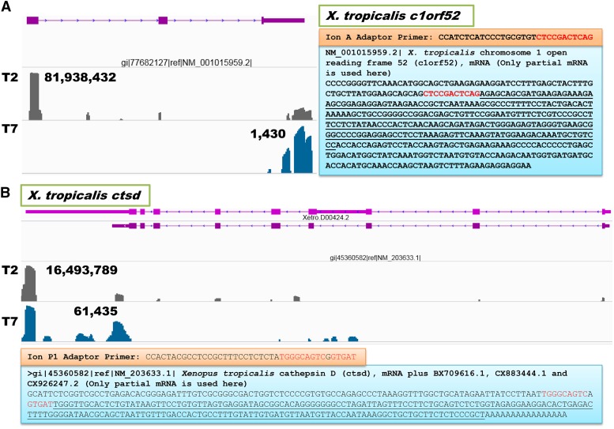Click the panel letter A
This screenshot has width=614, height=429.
pyautogui.click(x=7, y=8)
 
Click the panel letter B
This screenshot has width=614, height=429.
pyautogui.click(x=7, y=191)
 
